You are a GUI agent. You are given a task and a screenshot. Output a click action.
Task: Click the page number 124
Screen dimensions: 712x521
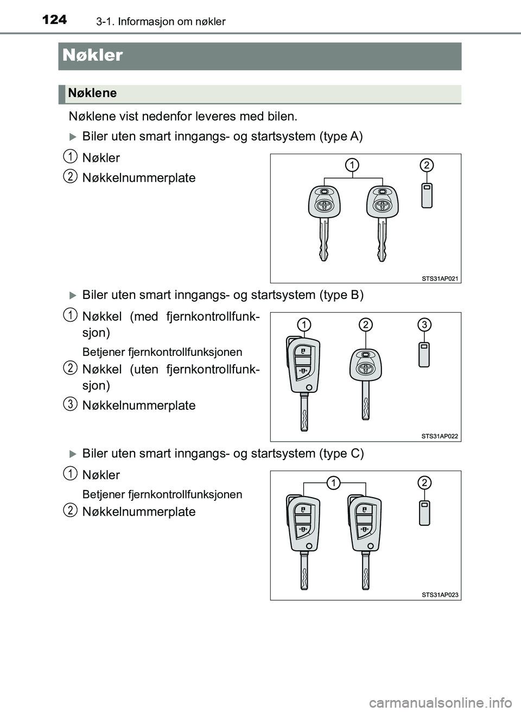coord(54,20)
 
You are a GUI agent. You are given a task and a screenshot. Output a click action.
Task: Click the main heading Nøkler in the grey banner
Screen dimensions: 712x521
coord(93,55)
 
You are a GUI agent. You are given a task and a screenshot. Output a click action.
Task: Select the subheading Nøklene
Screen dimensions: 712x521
coord(93,93)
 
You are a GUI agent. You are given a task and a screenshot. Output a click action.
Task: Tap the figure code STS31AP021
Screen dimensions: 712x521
coord(440,278)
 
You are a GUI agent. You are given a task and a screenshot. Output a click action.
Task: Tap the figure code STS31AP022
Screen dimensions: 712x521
coord(440,436)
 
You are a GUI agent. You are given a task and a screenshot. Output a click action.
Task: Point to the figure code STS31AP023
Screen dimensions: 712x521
coord(440,595)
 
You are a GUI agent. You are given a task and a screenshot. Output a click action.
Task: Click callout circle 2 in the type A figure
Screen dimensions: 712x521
coord(427,165)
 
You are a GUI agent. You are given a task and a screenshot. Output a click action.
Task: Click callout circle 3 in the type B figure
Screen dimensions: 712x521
coord(424,325)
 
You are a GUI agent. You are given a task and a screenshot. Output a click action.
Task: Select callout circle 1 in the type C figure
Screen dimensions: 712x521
coord(334,482)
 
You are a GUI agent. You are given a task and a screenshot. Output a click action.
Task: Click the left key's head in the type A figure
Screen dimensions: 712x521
coord(324,202)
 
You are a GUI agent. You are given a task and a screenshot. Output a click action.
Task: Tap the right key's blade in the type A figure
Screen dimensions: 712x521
coord(382,241)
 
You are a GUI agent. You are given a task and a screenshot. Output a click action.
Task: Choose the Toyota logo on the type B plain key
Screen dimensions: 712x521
coord(366,368)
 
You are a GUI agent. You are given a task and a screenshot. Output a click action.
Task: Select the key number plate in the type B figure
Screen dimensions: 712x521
coord(424,354)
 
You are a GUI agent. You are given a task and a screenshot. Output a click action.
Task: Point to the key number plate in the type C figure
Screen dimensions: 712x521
coord(424,513)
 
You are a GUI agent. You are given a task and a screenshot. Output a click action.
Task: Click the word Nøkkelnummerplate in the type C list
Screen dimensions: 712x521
coord(139,512)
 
